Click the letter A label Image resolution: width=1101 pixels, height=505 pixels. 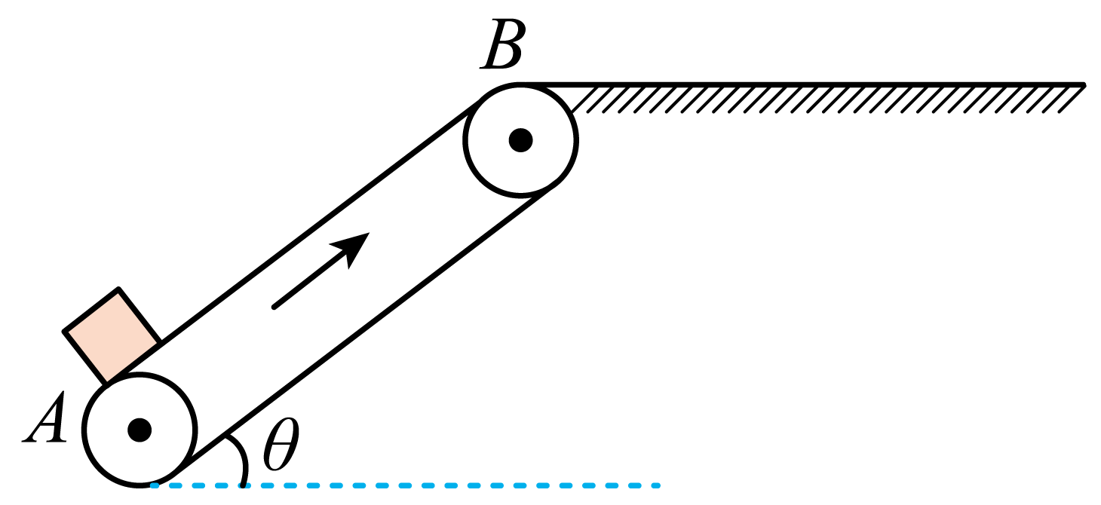45,418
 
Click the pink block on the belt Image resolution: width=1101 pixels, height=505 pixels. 112,335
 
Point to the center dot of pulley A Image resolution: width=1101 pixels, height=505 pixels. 140,430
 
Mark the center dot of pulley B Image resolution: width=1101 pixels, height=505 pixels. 520,140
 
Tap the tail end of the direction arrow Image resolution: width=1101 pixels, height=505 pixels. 274,308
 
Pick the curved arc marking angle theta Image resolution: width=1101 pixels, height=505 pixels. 239,458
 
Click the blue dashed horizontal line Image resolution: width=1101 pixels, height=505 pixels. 406,485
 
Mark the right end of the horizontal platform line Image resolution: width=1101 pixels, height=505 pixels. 1083,84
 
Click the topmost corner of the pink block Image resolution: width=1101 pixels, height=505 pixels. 118,289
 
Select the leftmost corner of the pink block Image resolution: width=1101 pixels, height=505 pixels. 64,332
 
